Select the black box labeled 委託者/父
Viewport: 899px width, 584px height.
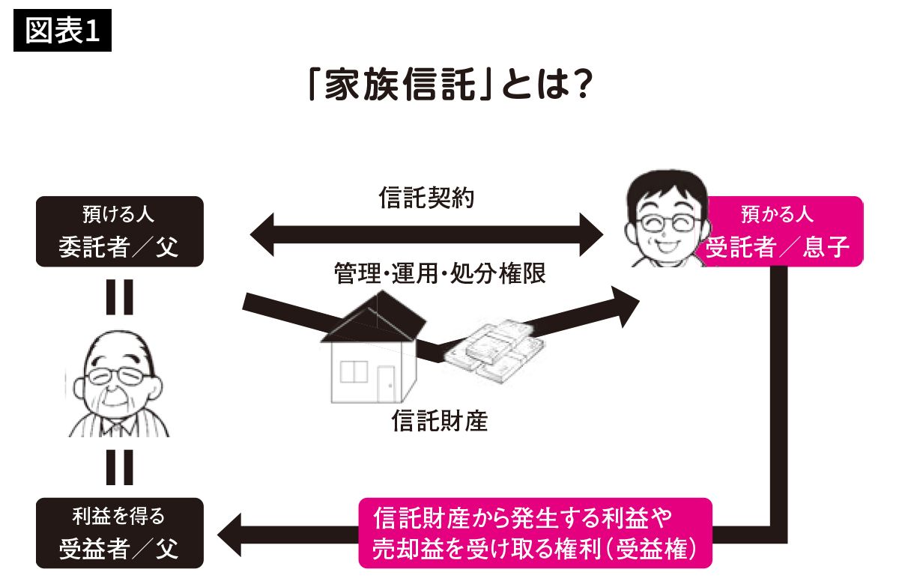119,231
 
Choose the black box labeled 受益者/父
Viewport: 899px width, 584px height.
119,534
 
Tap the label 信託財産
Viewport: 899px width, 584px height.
440,422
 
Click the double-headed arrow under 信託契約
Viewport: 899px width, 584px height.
426,233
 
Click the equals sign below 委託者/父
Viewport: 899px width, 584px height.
118,297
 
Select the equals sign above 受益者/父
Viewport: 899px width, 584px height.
118,467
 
